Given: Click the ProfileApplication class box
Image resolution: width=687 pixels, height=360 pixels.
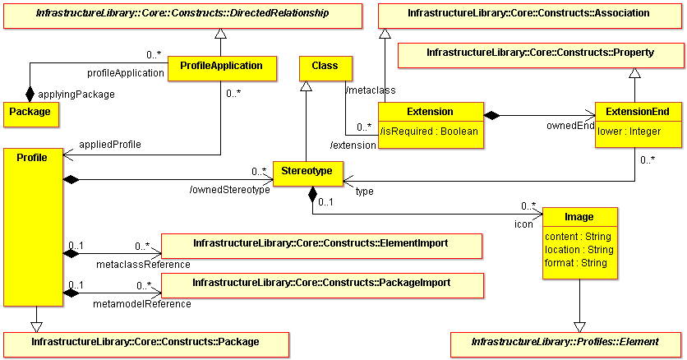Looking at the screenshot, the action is (222, 69).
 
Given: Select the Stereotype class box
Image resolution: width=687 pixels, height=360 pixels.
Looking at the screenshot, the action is (307, 174).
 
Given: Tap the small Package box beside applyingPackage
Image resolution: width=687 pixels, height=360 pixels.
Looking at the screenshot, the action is (31, 115).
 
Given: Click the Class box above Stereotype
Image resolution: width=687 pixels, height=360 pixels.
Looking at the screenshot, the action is (325, 69).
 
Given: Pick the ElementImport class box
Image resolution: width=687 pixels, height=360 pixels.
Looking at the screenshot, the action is (321, 246).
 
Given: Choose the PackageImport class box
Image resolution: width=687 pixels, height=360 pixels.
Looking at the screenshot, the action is (322, 285).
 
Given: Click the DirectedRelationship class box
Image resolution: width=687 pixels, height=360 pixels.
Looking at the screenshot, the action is (182, 16).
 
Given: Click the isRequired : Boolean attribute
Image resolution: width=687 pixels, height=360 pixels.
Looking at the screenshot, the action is (429, 132).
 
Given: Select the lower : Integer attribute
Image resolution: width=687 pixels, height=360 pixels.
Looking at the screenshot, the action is (629, 132).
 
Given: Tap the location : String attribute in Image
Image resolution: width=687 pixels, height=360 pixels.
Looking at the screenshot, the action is (579, 250).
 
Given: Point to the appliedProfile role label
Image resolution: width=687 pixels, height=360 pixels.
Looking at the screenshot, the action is (110, 145).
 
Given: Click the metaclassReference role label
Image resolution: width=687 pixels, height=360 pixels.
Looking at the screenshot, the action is (143, 265).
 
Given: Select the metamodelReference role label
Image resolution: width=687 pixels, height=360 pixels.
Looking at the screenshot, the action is (142, 304).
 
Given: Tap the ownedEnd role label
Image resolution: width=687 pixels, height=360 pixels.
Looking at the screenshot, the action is (570, 126).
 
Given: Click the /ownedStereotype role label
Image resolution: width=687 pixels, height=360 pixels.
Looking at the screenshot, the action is (229, 190).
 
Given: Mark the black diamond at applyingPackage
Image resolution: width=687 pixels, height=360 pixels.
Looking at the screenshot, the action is (30, 94).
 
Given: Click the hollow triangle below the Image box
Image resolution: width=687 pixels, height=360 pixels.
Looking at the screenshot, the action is (579, 327).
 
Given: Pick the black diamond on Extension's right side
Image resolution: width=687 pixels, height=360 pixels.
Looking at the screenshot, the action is (491, 116).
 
